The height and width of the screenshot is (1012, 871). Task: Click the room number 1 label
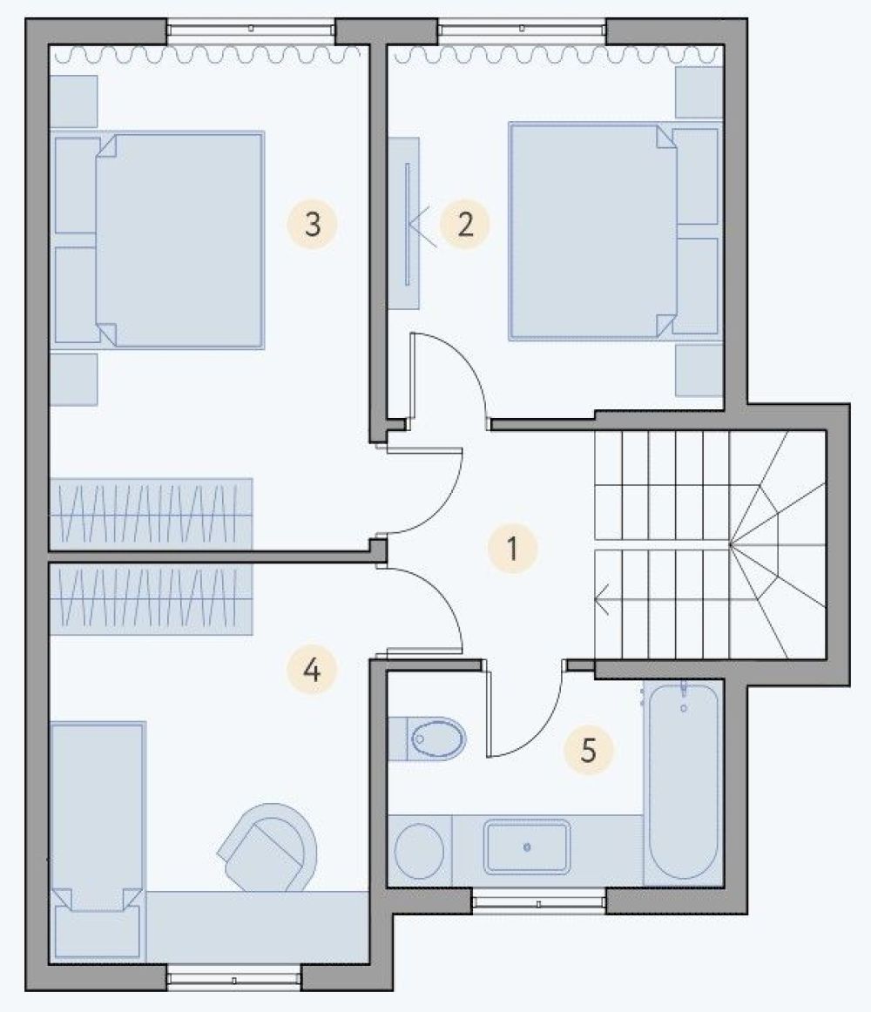click(x=513, y=549)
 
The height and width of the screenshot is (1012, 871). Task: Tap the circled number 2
click(x=465, y=225)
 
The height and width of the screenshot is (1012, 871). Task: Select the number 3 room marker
click(x=313, y=225)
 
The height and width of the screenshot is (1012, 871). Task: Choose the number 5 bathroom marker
click(x=588, y=750)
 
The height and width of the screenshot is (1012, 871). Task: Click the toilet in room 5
click(x=428, y=739)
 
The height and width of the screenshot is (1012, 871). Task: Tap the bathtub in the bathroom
click(x=684, y=782)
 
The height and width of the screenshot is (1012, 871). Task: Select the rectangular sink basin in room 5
click(x=527, y=847)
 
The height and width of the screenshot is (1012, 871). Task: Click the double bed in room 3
click(x=158, y=240)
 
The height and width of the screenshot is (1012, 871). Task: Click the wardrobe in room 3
click(x=151, y=514)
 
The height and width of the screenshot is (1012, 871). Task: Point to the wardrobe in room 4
click(x=151, y=597)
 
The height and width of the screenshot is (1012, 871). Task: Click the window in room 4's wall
click(x=234, y=978)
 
